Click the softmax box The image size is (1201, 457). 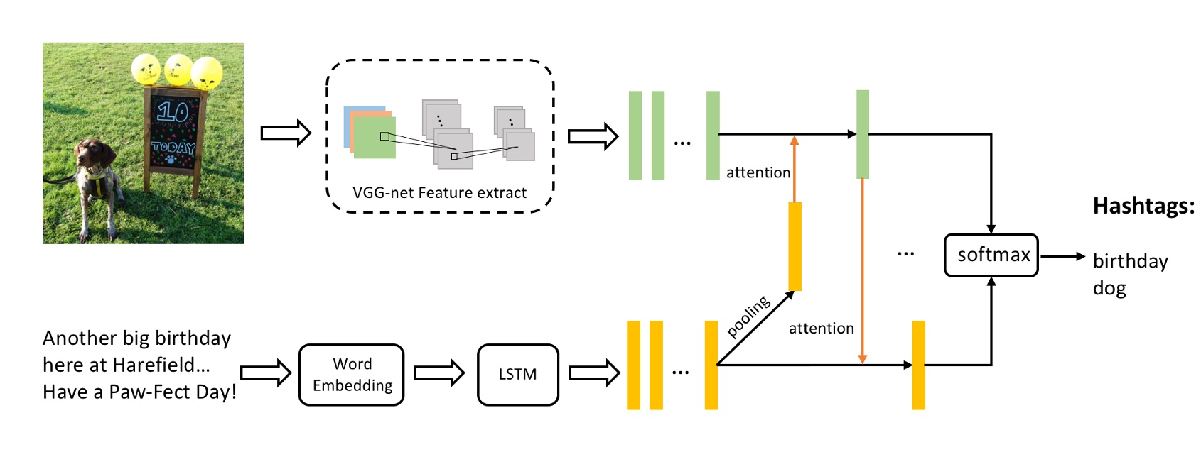pyautogui.click(x=991, y=255)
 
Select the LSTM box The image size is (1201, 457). pyautogui.click(x=517, y=375)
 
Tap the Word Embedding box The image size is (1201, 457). pyautogui.click(x=352, y=375)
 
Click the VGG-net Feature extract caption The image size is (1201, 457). pyautogui.click(x=439, y=193)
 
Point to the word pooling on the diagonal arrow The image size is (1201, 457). pyautogui.click(x=748, y=316)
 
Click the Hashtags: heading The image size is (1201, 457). pyautogui.click(x=1143, y=207)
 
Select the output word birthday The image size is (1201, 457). pyautogui.click(x=1130, y=261)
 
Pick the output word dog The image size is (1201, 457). pyautogui.click(x=1109, y=288)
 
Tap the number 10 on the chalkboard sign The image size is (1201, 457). pyautogui.click(x=173, y=111)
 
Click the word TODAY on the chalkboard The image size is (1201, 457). pyautogui.click(x=173, y=148)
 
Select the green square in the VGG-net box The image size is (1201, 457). pyautogui.click(x=375, y=138)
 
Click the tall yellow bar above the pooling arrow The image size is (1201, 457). pyautogui.click(x=795, y=246)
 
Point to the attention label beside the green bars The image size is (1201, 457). pyautogui.click(x=758, y=173)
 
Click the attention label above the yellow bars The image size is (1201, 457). pyautogui.click(x=821, y=329)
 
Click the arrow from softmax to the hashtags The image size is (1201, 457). pyautogui.click(x=1062, y=256)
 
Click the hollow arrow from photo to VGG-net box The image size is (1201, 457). pyautogui.click(x=286, y=133)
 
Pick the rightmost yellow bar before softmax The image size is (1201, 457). pyautogui.click(x=918, y=365)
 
